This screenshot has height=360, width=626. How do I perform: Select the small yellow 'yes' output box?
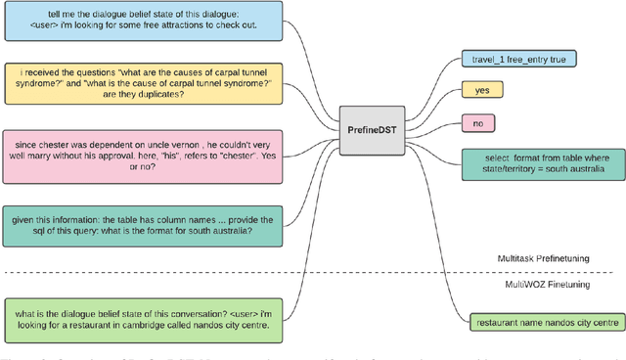[481, 90]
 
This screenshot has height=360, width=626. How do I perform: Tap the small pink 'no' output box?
[477, 123]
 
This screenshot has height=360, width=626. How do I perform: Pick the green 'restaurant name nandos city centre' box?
[545, 322]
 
